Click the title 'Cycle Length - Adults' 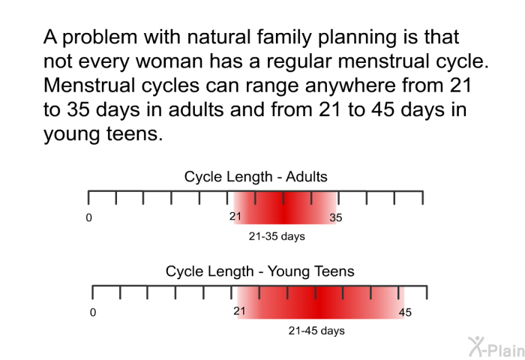pyautogui.click(x=256, y=176)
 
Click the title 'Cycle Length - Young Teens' pyautogui.click(x=259, y=271)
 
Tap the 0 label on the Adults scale pyautogui.click(x=88, y=217)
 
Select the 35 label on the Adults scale pyautogui.click(x=336, y=217)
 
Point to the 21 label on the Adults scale pyautogui.click(x=235, y=216)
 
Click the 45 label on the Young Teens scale pyautogui.click(x=405, y=313)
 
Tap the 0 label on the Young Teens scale pyautogui.click(x=93, y=313)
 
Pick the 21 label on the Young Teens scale pyautogui.click(x=239, y=311)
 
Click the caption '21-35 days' pyautogui.click(x=277, y=236)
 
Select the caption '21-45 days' pyautogui.click(x=316, y=331)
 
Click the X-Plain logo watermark pyautogui.click(x=496, y=347)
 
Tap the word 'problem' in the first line pyautogui.click(x=100, y=37)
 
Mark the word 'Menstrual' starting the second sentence pyautogui.click(x=89, y=85)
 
